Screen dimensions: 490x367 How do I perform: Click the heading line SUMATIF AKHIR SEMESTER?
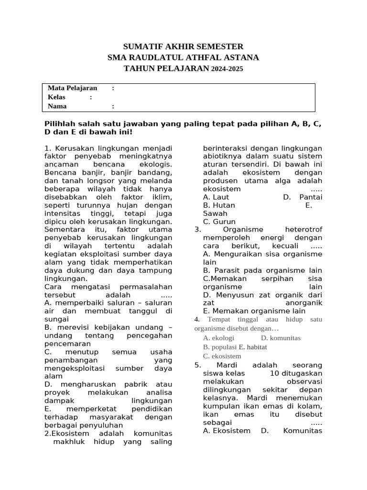point(183,46)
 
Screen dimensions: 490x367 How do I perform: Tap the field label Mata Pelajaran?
point(72,88)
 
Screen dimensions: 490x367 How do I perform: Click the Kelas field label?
point(56,97)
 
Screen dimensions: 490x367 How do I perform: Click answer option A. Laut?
point(216,197)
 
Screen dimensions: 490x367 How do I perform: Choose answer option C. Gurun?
point(219,222)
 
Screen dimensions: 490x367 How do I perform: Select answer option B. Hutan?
point(219,205)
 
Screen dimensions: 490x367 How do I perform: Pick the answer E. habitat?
point(253,347)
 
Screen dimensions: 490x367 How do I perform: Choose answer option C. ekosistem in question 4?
point(222,356)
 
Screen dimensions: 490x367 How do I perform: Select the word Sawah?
point(215,213)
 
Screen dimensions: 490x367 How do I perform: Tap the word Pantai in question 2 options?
point(311,197)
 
